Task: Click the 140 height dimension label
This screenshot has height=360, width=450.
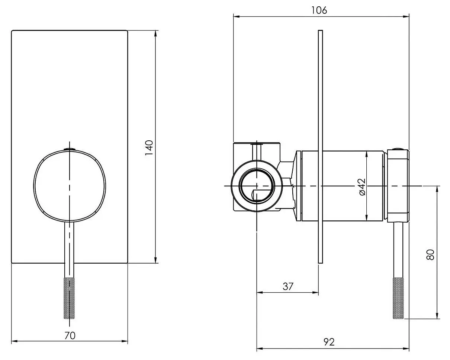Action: tap(149, 148)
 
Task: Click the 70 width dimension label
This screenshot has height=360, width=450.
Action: tap(70, 335)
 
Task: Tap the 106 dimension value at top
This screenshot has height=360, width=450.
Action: tap(319, 10)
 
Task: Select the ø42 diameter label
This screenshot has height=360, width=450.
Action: tap(362, 186)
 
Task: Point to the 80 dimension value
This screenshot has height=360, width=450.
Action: tap(431, 255)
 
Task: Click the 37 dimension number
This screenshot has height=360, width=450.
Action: tap(288, 286)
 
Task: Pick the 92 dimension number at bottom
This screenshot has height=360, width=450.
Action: tap(329, 342)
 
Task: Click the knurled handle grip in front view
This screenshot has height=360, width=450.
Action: tap(70, 298)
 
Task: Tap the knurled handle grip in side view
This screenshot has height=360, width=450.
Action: tap(398, 298)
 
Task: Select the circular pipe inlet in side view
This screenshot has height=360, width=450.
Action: tap(257, 186)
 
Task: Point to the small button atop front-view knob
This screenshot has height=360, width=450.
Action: tap(70, 149)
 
